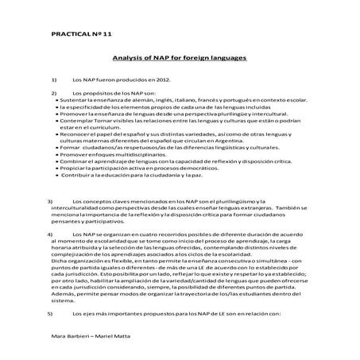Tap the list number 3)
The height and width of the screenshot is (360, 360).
[50, 202]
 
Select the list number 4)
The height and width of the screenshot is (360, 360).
[50, 236]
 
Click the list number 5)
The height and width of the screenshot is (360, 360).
[50, 315]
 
